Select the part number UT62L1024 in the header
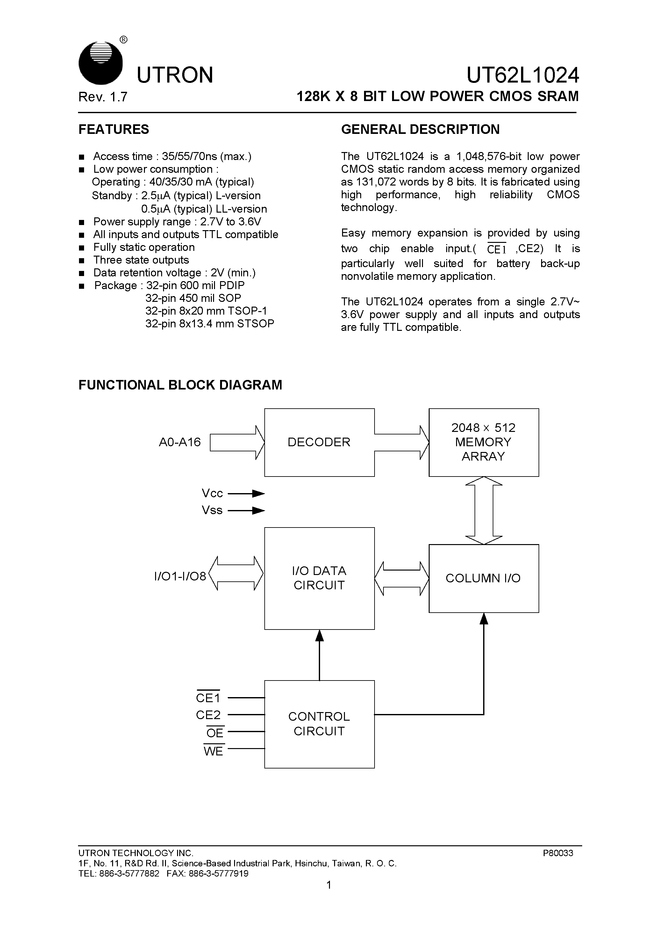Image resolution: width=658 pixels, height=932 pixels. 523,75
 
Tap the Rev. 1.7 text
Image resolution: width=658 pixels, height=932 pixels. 103,97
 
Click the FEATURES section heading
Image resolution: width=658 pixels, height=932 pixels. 114,129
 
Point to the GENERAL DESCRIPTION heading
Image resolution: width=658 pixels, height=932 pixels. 420,129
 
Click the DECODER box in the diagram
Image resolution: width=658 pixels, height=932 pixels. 319,442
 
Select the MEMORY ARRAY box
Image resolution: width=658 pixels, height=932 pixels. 483,442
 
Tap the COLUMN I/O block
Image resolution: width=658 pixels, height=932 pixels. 483,578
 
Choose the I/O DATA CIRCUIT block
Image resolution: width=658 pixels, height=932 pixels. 319,578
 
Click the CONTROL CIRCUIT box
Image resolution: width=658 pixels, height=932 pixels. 319,724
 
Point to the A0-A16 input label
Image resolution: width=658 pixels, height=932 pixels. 180,442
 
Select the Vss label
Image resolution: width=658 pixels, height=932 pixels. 212,510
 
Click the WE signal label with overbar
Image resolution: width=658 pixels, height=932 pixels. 213,751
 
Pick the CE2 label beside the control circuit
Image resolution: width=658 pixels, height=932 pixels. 208,715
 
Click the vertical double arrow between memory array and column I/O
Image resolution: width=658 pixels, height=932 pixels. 483,510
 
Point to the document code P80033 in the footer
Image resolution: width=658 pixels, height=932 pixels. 558,853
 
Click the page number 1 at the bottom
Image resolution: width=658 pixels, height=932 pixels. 329,885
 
